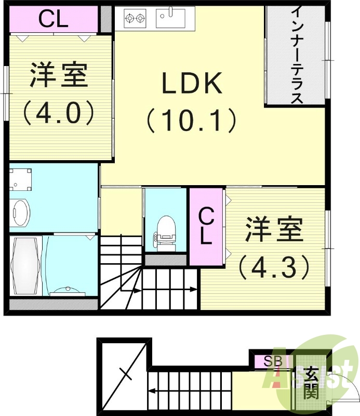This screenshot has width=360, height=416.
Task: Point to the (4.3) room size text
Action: pos(274,268)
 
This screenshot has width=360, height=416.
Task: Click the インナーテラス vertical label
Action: pos(296,55)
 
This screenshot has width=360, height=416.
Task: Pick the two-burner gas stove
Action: pos(134,19)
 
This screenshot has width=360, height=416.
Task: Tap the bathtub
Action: pos(25,266)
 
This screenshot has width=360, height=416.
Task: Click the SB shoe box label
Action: pos(272,360)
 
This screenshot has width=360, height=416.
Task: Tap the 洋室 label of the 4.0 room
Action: pos(58,76)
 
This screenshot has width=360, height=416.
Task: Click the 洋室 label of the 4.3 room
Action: pos(274,230)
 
